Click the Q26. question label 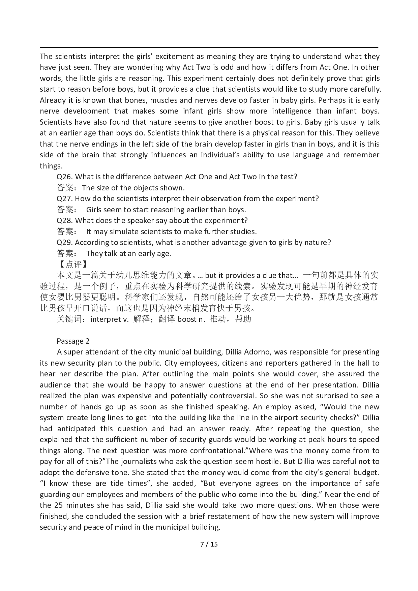(65, 177)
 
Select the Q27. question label (65, 198)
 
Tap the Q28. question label (65, 220)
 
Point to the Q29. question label (65, 242)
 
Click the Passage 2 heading (73, 341)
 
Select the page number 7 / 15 (209, 544)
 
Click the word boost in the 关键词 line (187, 319)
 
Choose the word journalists (138, 461)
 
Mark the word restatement (234, 516)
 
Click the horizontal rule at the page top (209, 48)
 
